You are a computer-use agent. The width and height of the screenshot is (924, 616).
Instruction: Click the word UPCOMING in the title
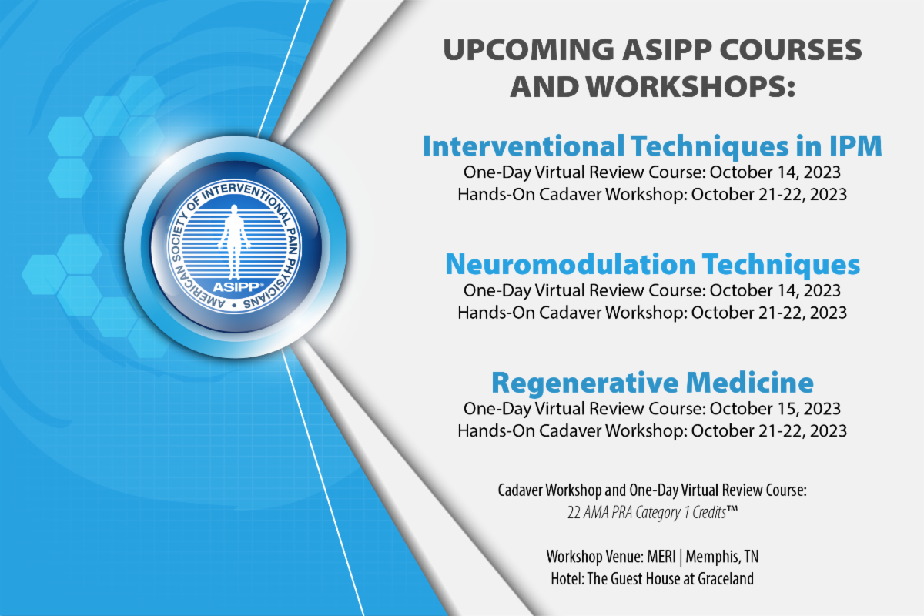point(529,50)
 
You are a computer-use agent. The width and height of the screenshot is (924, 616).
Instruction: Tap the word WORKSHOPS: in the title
point(690,87)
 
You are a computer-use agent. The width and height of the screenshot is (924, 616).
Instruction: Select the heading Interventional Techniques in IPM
point(652,146)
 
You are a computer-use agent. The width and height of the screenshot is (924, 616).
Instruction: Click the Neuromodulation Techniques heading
point(653,264)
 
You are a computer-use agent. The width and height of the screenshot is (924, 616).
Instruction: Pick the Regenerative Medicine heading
point(652,383)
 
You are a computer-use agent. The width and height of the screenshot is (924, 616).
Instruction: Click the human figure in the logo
point(234,242)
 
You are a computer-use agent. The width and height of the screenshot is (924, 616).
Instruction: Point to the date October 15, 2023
point(775,408)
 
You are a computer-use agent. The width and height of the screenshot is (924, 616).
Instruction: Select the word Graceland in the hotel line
point(725,579)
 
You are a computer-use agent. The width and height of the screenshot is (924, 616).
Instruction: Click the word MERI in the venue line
point(661,557)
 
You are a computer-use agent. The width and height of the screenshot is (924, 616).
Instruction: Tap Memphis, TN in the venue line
point(722,557)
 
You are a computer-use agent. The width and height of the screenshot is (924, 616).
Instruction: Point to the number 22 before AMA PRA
point(574,513)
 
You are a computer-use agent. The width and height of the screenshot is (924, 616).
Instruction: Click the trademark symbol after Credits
point(731,510)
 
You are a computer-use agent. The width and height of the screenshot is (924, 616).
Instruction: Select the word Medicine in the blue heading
point(750,383)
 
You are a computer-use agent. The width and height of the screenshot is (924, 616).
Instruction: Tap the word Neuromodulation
point(571,264)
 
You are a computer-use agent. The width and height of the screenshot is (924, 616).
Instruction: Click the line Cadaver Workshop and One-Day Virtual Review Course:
point(652,490)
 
